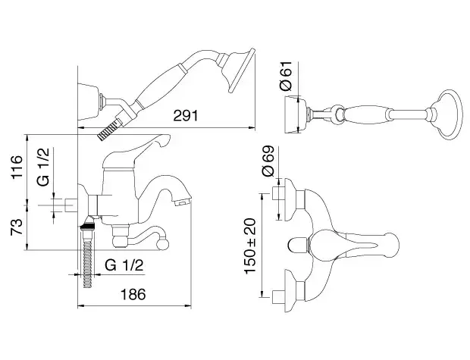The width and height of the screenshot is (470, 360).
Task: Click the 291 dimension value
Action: tap(186, 116)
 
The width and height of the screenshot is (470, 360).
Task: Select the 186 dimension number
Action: tap(133, 294)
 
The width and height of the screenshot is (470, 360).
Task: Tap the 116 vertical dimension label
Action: tap(17, 167)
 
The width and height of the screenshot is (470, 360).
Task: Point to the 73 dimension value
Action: tap(17, 227)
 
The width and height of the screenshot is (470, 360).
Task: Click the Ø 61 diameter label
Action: tap(286, 76)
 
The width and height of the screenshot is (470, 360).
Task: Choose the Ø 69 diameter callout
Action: tap(268, 161)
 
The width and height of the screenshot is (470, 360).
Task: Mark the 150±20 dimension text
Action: tap(250, 246)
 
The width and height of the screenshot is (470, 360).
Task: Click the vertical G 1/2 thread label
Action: tap(43, 167)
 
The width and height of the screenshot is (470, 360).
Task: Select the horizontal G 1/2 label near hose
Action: tap(124, 265)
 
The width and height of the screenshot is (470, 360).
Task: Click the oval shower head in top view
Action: tap(449, 114)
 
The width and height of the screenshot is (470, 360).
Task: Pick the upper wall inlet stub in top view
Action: tap(278, 193)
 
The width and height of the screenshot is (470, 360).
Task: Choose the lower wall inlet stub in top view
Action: tap(278, 297)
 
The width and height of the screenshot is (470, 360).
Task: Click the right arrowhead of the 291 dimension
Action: tap(252, 127)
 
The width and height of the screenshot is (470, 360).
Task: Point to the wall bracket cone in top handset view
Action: tap(295, 114)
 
